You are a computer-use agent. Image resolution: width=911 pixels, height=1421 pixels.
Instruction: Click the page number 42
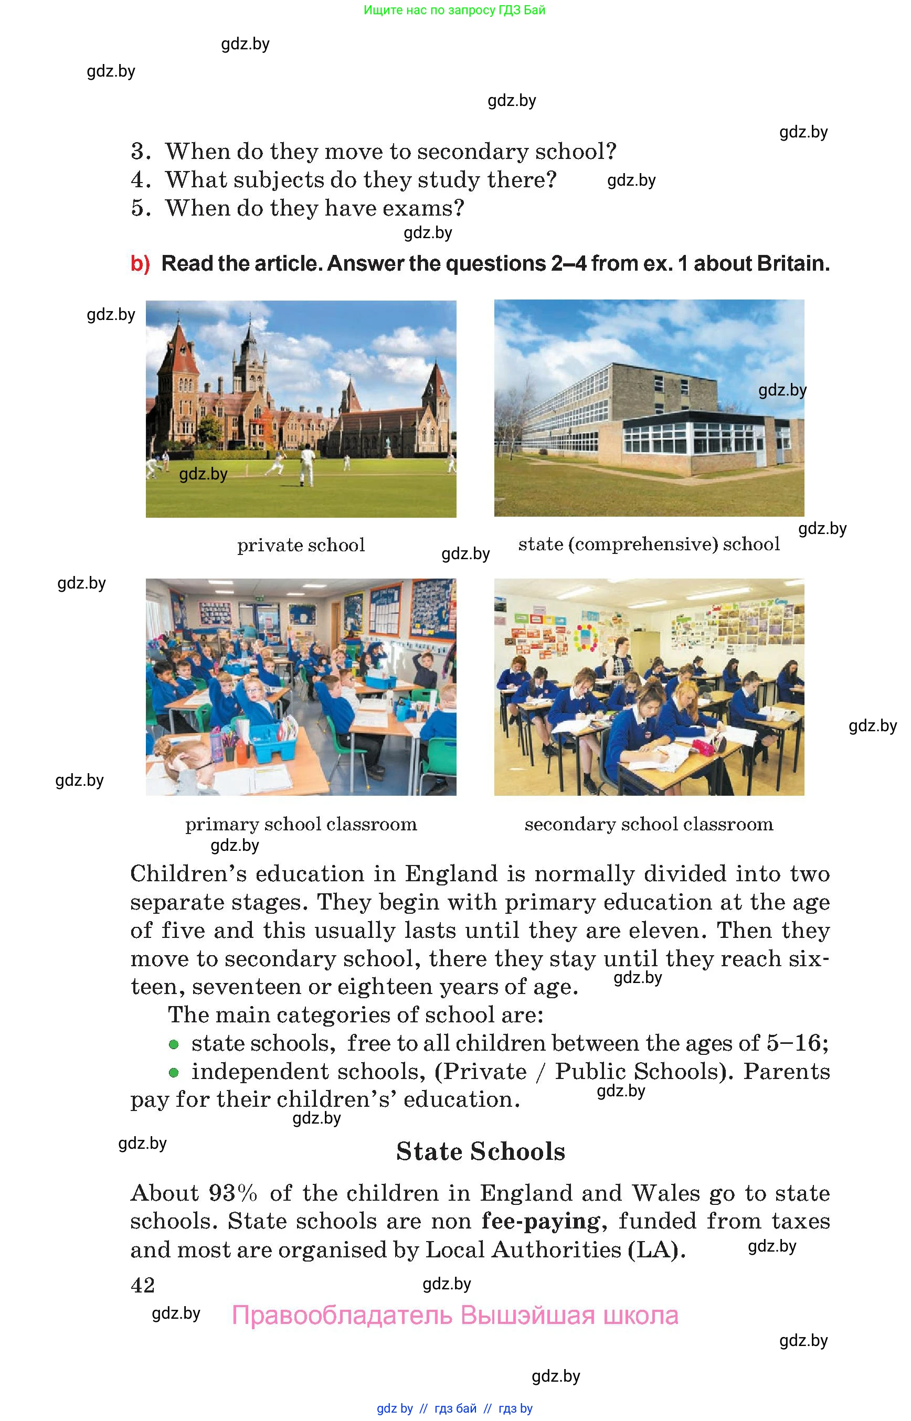pos(143,1285)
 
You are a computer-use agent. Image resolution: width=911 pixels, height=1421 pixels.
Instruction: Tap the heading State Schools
pos(480,1151)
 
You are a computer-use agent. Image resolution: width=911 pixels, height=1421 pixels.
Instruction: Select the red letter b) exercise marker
pos(140,263)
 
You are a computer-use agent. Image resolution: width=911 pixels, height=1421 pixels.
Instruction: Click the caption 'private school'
pos(301,544)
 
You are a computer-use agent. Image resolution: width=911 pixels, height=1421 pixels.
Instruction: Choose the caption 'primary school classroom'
pos(301,824)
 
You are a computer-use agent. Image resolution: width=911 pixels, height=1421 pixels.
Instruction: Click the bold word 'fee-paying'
pos(541,1221)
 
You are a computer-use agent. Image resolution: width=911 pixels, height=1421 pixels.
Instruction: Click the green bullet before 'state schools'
pos(173,1044)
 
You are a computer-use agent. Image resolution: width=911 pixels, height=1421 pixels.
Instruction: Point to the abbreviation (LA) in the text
pos(656,1249)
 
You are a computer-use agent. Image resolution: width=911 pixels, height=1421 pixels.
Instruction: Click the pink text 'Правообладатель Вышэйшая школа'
pos(455,1315)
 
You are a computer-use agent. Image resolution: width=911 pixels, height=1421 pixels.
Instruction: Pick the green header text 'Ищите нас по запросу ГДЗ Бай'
pos(454,10)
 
